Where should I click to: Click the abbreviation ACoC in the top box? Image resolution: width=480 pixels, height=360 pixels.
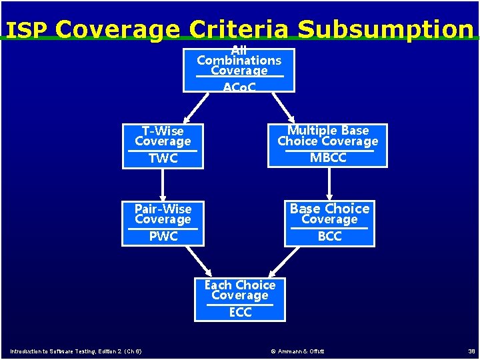point(239,87)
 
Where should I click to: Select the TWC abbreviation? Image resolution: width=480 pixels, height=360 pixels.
point(163,158)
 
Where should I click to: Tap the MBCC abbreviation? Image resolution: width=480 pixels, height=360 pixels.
point(328,158)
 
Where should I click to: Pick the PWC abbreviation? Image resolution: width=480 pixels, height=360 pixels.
point(163,236)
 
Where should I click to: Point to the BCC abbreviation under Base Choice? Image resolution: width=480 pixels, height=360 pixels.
point(329,236)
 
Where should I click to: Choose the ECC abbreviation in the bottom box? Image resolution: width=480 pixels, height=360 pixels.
point(240,312)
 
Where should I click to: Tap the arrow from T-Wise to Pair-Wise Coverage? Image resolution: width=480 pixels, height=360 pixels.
point(163,184)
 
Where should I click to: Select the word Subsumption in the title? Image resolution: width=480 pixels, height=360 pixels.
point(385,29)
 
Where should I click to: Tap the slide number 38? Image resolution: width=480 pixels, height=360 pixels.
point(471,351)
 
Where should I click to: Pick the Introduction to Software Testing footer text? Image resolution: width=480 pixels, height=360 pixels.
point(75,351)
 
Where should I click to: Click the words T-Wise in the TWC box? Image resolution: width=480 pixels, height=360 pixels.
point(163,131)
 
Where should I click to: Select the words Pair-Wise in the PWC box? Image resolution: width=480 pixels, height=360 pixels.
point(163,209)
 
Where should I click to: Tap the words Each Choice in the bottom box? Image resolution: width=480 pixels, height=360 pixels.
point(240,285)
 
